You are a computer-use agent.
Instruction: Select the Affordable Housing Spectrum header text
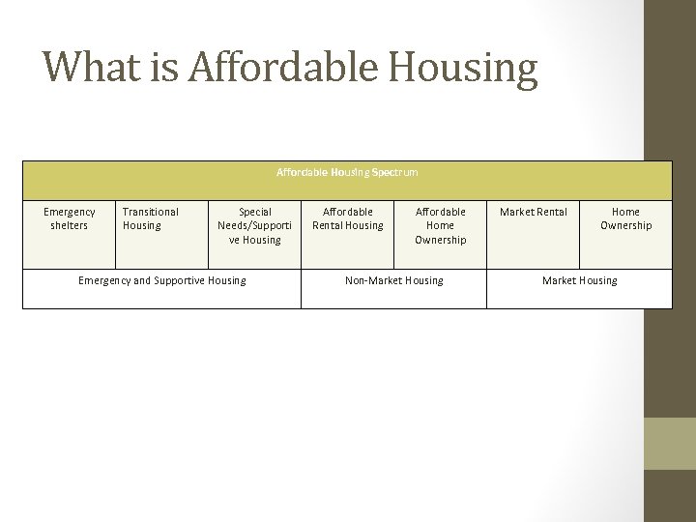[x=347, y=172]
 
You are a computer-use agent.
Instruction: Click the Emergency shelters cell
[x=70, y=218]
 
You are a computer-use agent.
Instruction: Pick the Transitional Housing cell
[x=151, y=218]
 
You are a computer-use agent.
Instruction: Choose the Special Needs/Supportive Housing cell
[x=255, y=225]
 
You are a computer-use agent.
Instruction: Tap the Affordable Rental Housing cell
[x=348, y=218]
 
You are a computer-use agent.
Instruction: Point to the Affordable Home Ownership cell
[x=441, y=225]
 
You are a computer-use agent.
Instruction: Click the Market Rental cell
[x=534, y=212]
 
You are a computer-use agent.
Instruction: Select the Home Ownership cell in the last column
[x=626, y=218]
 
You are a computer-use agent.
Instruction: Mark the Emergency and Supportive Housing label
[x=162, y=280]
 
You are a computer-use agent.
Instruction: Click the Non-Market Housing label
[x=394, y=280]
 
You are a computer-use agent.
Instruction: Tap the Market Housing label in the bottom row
[x=580, y=280]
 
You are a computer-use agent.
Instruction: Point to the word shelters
[x=70, y=226]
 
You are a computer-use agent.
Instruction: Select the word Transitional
[x=151, y=212]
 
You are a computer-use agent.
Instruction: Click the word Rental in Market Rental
[x=551, y=212]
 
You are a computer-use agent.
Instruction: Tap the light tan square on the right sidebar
[x=670, y=444]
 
